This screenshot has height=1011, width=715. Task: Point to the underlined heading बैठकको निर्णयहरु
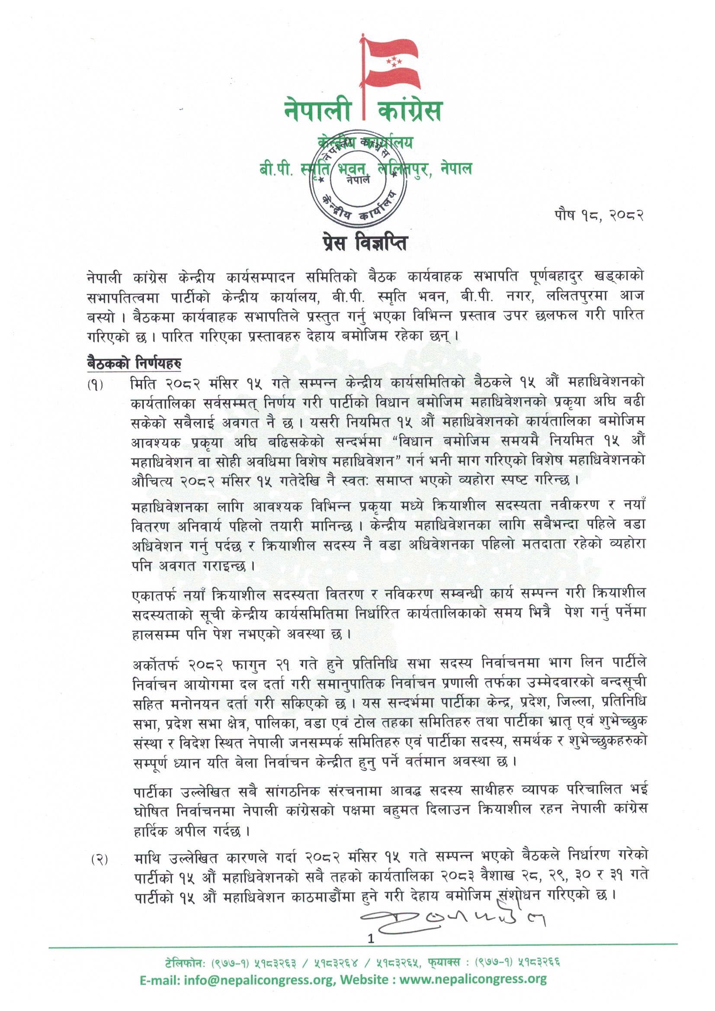[x=135, y=364]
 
